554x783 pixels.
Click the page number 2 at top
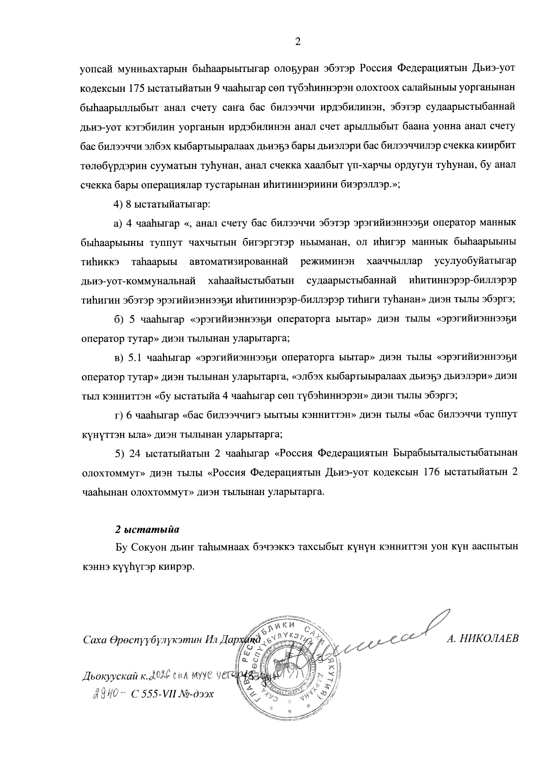298,42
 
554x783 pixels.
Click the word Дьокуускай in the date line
110,676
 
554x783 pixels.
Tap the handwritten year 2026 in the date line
162,675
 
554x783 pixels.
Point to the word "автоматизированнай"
239,261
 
